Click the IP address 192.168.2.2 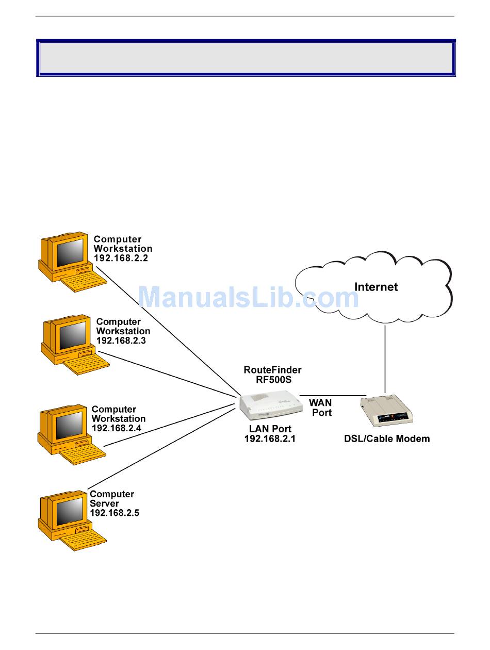tap(121, 258)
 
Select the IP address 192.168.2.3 tap(121, 340)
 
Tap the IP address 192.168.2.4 tap(117, 428)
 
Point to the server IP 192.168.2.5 tap(115, 513)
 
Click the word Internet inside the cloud tap(376, 287)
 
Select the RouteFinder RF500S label tap(273, 375)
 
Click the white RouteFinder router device tap(271, 405)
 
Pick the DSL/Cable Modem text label tap(387, 438)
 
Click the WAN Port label tap(321, 408)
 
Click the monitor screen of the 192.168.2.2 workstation tap(70, 253)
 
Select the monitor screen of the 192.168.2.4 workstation tap(69, 426)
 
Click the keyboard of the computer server tap(83, 540)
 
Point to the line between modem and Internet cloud tap(385, 359)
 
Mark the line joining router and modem tap(333, 395)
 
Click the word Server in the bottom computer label tap(104, 503)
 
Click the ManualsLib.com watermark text tap(248, 297)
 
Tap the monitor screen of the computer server tap(70, 511)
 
